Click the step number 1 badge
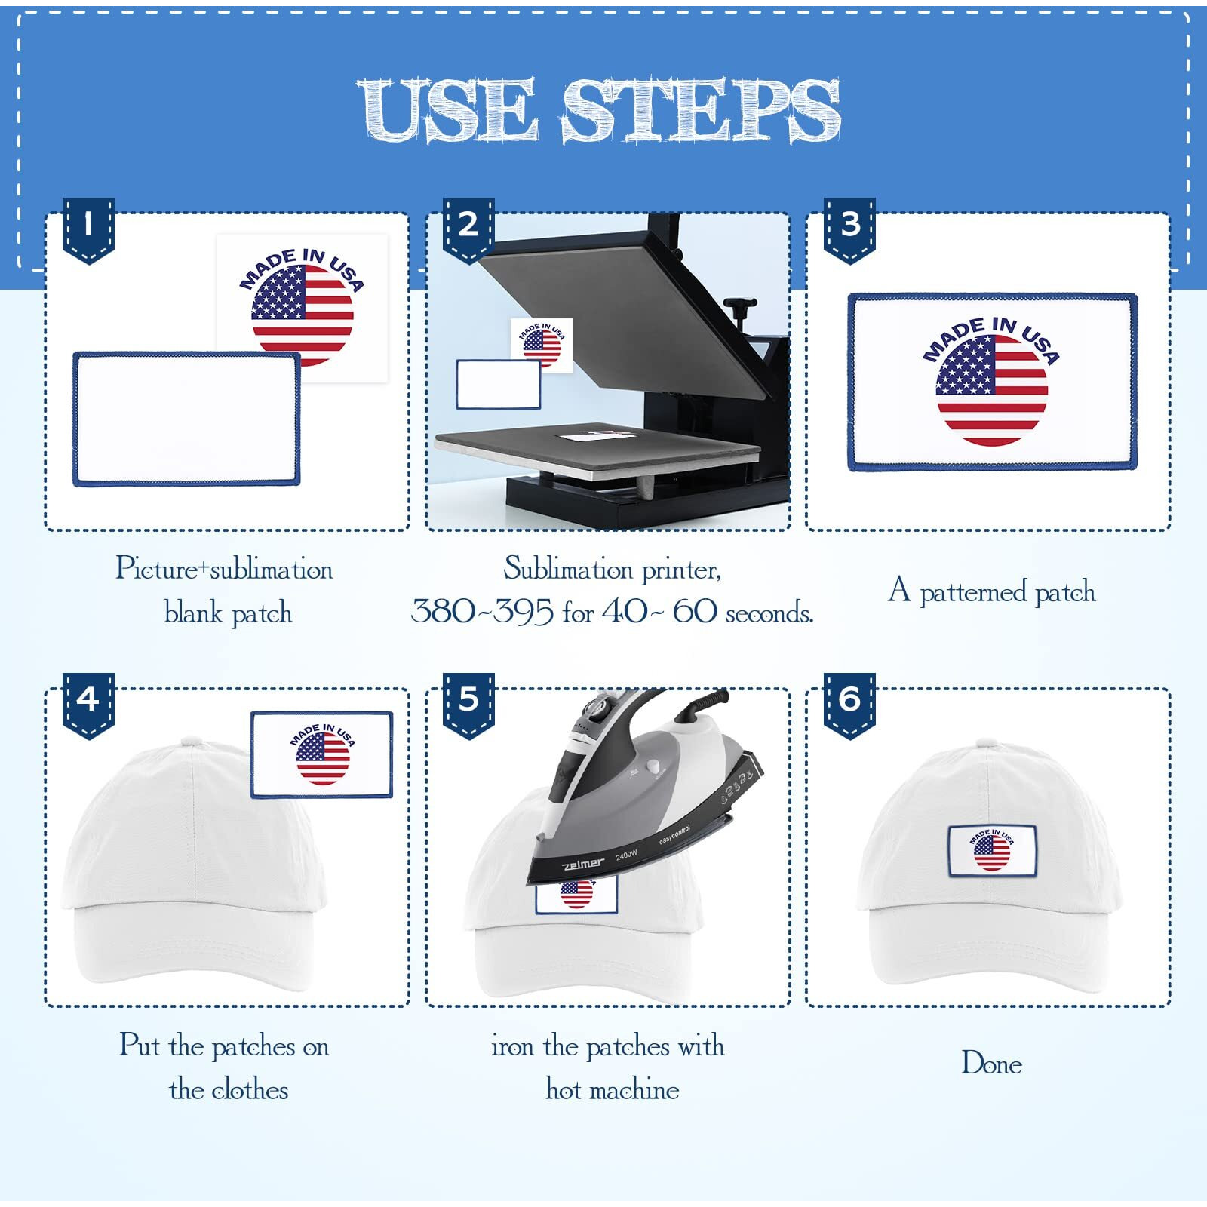click(x=88, y=228)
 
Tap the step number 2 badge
click(x=468, y=228)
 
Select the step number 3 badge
click(x=849, y=228)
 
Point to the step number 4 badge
click(x=88, y=703)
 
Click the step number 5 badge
click(x=468, y=703)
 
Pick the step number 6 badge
click(x=849, y=703)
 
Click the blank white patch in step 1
click(x=186, y=419)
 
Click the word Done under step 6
click(x=991, y=1064)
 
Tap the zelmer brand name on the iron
click(x=583, y=863)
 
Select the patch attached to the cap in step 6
click(x=992, y=851)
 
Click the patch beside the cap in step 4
click(x=322, y=754)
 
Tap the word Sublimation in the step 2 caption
click(x=568, y=569)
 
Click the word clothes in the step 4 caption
click(x=250, y=1090)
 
